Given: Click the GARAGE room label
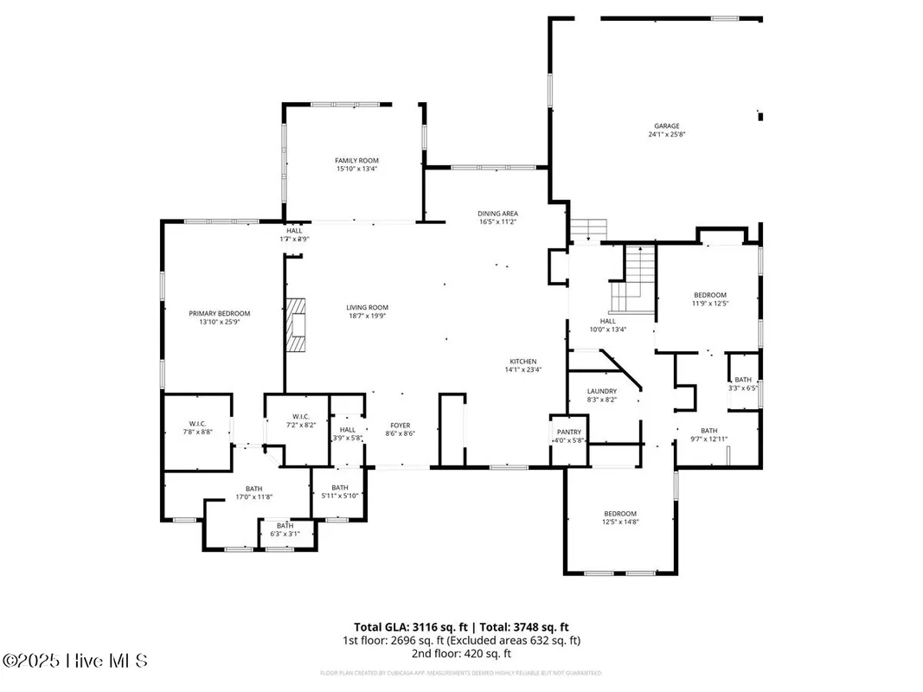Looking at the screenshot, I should (666, 125).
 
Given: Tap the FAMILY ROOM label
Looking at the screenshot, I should (356, 160).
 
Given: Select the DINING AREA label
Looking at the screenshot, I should (497, 213).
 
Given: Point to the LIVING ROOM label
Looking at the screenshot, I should (367, 307).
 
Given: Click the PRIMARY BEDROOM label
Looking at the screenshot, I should (220, 313).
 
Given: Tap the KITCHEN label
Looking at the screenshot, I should (522, 361).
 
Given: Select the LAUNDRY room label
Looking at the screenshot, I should (601, 391).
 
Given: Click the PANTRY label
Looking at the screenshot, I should (568, 432).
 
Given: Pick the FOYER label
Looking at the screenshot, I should (400, 425).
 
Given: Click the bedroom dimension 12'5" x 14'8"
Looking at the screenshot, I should (619, 522).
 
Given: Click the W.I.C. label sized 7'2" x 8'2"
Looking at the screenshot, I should (296, 426).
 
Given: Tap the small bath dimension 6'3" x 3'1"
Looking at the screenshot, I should (285, 534).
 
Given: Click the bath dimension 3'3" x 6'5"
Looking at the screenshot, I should (743, 388).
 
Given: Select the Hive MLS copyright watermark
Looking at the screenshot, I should (75, 661).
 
